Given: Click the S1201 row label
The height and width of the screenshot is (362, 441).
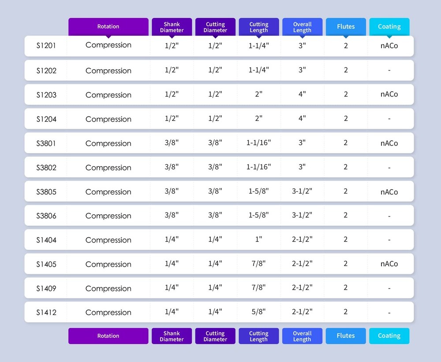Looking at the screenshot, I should click(46, 45).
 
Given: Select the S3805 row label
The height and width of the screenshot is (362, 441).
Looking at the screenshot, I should click(46, 192).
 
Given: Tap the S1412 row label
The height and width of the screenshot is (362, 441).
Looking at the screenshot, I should click(46, 313).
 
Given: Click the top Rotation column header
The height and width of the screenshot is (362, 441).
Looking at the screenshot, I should click(108, 26).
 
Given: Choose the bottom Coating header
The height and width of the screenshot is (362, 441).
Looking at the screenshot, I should click(389, 336).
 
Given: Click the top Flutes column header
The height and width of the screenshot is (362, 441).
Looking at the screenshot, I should click(346, 26).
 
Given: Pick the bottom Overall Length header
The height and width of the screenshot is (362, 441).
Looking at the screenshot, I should click(302, 336).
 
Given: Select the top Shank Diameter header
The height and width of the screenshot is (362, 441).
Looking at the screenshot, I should click(172, 27).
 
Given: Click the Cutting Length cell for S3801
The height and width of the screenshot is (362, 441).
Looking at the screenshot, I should click(258, 143).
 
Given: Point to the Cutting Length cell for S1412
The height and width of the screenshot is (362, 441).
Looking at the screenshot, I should click(258, 312).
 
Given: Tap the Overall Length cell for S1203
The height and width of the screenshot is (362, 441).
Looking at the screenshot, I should click(302, 94).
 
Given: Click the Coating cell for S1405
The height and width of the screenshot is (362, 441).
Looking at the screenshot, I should click(389, 264).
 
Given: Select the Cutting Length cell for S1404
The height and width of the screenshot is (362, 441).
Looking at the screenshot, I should click(258, 239).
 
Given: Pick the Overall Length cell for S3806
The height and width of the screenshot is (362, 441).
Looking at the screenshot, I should click(302, 215).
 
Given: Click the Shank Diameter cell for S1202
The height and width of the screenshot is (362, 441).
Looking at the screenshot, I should click(172, 70).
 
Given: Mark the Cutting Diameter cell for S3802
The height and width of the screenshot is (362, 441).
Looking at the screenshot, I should click(215, 167).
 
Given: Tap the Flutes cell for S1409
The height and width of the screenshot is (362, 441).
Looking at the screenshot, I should click(346, 287).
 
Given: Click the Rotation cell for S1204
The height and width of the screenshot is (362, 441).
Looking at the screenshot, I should click(108, 119).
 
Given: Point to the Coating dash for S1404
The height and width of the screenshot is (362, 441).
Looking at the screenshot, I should click(389, 240).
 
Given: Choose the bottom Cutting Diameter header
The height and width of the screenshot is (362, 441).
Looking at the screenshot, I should click(215, 336).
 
